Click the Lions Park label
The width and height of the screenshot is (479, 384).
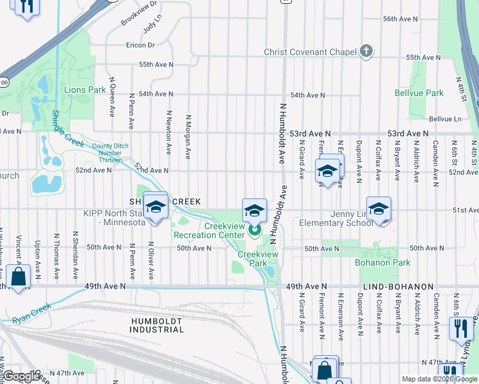click(85, 90)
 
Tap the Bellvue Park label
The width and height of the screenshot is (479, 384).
click(419, 93)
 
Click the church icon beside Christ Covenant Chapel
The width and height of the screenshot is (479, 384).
click(366, 51)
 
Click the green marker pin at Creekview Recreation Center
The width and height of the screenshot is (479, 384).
click(255, 229)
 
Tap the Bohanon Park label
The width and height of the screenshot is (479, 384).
click(383, 262)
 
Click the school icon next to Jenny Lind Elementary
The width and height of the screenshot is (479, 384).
click(379, 209)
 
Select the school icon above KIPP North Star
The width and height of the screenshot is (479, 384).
click(155, 206)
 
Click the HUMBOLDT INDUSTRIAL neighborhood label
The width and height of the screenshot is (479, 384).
click(158, 324)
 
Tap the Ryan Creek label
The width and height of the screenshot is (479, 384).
click(30, 310)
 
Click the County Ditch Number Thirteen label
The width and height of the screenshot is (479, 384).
click(111, 150)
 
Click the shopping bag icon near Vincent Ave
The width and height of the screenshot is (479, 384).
click(19, 277)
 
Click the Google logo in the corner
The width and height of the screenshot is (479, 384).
click(21, 376)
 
